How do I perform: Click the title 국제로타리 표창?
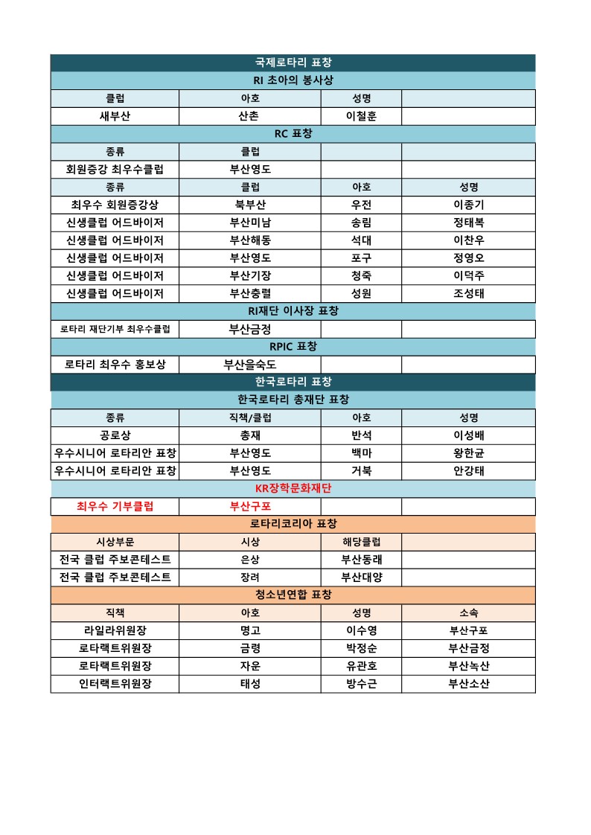click(293, 63)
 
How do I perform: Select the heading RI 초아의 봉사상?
click(293, 80)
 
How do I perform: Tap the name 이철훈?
click(361, 116)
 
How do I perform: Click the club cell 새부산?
click(115, 116)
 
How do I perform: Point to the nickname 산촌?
click(250, 116)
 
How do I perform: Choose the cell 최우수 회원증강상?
click(115, 205)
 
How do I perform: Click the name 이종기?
click(468, 205)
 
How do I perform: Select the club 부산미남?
click(250, 223)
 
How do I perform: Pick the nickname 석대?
click(361, 240)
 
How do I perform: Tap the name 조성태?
click(468, 293)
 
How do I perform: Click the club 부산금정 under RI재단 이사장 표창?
click(250, 329)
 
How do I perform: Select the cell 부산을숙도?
click(250, 365)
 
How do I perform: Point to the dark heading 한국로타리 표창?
click(293, 382)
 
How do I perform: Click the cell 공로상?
click(115, 435)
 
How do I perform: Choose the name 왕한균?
click(468, 453)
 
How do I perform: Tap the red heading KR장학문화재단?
click(293, 488)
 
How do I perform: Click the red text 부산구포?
click(250, 507)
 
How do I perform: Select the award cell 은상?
click(250, 560)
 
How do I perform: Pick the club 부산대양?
click(361, 578)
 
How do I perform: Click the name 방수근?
click(361, 684)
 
